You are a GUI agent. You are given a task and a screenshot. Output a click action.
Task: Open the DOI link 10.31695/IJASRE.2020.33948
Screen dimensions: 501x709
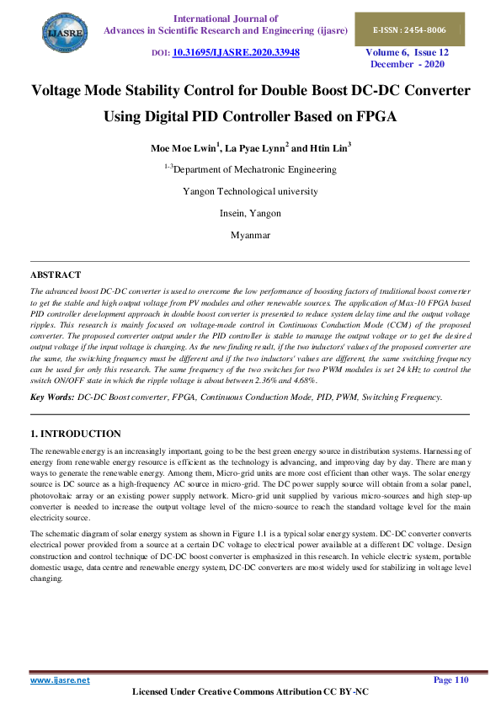click(x=236, y=52)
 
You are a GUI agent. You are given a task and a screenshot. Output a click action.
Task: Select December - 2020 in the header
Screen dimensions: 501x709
click(x=408, y=64)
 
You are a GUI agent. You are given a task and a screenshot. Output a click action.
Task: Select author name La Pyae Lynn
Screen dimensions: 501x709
click(x=257, y=148)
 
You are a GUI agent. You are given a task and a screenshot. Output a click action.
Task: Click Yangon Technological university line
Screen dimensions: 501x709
click(x=250, y=191)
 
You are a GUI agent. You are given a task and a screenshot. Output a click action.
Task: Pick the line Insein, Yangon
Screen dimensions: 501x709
click(x=250, y=213)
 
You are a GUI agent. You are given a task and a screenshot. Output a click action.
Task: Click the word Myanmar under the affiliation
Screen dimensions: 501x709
click(x=250, y=235)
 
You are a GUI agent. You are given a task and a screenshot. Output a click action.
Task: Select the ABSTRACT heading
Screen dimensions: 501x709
click(x=56, y=275)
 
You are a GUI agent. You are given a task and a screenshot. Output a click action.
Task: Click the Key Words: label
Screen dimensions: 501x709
click(x=51, y=396)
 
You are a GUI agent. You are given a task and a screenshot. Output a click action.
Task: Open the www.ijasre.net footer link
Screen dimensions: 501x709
click(x=60, y=680)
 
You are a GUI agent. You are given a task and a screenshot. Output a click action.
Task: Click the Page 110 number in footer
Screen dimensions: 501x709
click(x=450, y=680)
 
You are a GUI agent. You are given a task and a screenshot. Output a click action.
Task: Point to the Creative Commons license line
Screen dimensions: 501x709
click(x=251, y=692)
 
